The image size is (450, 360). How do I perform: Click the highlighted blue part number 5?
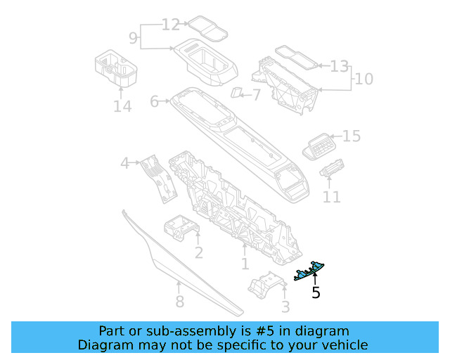point(309,271)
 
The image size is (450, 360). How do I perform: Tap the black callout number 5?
point(316,292)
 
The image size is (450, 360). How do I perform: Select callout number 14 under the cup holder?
point(122,106)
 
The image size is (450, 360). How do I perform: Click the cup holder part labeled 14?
point(116,67)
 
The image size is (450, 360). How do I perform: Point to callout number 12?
point(171,25)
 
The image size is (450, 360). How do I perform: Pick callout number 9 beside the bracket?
point(133,38)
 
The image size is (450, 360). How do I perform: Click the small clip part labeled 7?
point(236,92)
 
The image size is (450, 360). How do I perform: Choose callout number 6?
point(155,101)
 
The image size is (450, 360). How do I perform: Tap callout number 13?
point(339,66)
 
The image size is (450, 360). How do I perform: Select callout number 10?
point(364,79)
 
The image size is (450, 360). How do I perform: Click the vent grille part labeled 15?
point(319,146)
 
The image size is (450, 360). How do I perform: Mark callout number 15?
point(352,136)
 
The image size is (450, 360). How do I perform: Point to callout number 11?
point(332,197)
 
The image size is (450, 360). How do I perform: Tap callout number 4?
point(124,163)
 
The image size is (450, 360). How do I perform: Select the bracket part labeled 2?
point(181,228)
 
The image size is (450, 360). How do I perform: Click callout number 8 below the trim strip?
point(180,302)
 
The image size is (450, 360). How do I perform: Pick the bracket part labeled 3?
point(267,285)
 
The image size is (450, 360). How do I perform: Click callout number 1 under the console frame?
point(245,264)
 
